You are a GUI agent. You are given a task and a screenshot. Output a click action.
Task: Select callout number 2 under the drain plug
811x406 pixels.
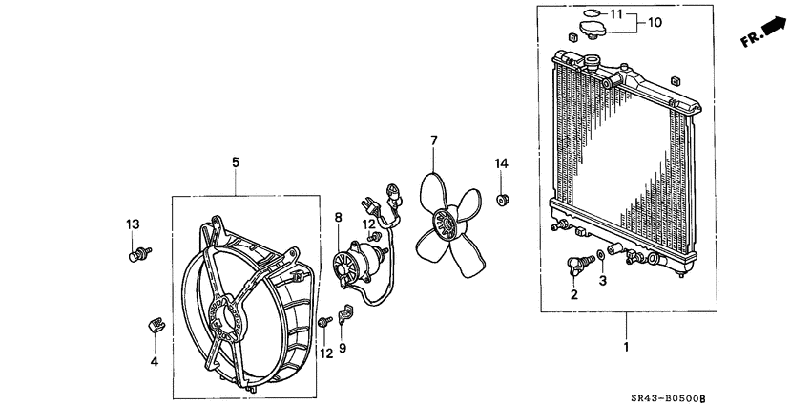pos(574,294)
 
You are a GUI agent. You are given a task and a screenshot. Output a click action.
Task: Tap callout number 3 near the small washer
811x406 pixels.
pos(602,281)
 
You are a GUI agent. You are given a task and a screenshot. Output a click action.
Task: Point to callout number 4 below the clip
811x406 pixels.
pos(154,361)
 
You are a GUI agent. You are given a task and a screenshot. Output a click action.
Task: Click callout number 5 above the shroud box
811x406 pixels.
pos(236,163)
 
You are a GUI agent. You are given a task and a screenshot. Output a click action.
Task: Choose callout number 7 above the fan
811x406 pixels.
pos(433,140)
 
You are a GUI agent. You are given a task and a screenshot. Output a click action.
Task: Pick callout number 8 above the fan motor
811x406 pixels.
pos(338,218)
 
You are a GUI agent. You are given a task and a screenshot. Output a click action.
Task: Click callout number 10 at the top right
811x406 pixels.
pos(655,21)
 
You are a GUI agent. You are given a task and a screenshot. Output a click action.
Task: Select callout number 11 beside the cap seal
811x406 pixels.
pos(616,13)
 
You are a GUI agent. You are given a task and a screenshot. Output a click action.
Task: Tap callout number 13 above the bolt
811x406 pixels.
pos(133,224)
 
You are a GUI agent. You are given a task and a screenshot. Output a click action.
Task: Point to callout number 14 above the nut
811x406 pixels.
pos(501,163)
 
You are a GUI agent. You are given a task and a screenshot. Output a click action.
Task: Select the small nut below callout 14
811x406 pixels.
pos(503,200)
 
